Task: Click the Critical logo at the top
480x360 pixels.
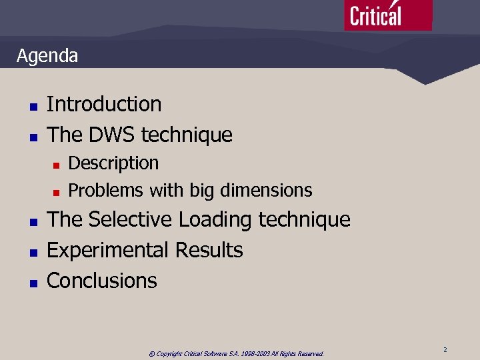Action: pos(387,15)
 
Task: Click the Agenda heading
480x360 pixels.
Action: pos(47,56)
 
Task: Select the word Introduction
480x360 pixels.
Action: pos(104,105)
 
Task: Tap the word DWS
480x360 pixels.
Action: pos(111,135)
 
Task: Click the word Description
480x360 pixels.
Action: pos(113,163)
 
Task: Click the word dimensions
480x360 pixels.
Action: pos(265,191)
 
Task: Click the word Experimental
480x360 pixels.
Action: pos(107,251)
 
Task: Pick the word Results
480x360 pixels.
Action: pos(209,251)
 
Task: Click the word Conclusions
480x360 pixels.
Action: pos(102,281)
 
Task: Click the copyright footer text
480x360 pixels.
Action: pos(236,353)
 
